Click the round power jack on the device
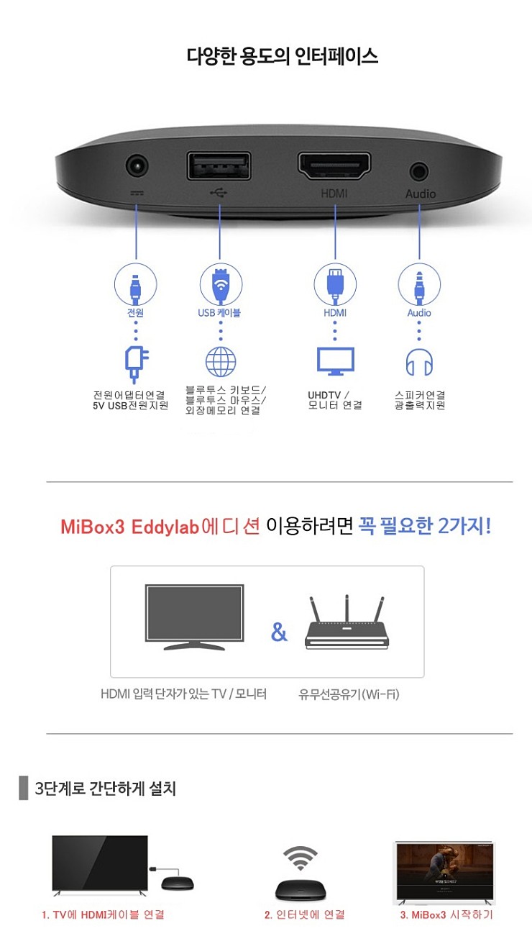(137, 167)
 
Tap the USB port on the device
(219, 166)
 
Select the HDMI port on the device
(334, 167)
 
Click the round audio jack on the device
(419, 171)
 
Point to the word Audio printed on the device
(421, 194)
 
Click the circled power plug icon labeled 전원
(136, 285)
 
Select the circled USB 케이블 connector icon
(220, 283)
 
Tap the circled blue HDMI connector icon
(335, 283)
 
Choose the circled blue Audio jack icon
(419, 285)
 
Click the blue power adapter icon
(136, 364)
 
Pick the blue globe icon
(221, 362)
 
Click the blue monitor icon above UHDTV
(336, 361)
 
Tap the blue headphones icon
(420, 363)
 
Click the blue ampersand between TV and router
(279, 633)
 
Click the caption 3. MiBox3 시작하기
(446, 914)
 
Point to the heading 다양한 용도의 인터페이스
(283, 56)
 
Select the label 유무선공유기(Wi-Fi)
(349, 694)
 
